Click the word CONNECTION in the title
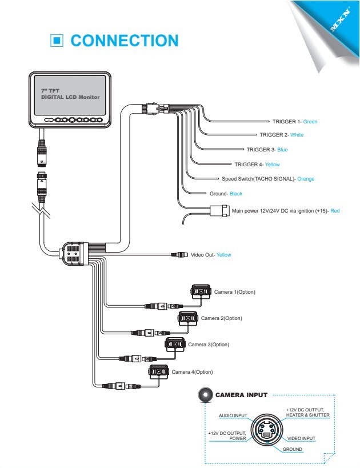point(125,41)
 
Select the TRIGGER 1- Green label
point(295,122)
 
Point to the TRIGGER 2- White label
point(282,135)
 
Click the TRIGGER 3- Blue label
point(267,150)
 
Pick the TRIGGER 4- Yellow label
point(257,165)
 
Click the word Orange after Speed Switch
point(306,179)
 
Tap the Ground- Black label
point(226,194)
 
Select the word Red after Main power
point(335,211)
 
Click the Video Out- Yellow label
point(211,255)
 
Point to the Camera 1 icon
point(201,291)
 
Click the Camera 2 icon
point(188,318)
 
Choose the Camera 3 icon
point(175,345)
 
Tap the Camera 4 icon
point(159,372)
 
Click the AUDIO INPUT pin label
point(233,415)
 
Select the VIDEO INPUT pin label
point(301,438)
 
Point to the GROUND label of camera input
point(292,449)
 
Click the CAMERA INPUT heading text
point(241,395)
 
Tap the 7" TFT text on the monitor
point(50,90)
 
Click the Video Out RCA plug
point(179,255)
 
